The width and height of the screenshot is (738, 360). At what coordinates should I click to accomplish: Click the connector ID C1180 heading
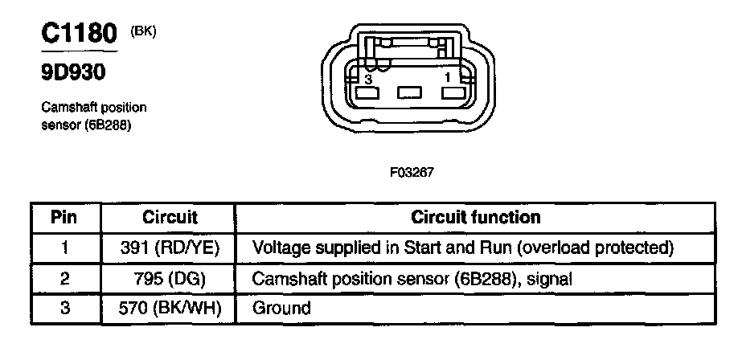point(79,35)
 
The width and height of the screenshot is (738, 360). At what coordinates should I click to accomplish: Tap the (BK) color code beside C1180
point(143,31)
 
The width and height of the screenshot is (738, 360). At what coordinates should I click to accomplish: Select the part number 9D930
point(73,74)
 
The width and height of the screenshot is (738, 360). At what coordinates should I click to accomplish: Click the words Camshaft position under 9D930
point(93,108)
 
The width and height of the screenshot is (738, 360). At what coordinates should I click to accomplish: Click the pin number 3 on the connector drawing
point(367,80)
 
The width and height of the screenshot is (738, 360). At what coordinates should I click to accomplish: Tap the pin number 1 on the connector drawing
point(449,76)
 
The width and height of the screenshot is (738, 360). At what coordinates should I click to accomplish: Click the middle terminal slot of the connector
point(410,94)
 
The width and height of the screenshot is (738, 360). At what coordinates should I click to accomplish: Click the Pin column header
point(64,217)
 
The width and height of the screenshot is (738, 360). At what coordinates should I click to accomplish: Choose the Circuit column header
point(170,217)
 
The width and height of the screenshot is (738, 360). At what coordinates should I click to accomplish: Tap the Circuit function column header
point(476,217)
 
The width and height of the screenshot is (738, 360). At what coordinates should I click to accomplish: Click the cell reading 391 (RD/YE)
point(170,247)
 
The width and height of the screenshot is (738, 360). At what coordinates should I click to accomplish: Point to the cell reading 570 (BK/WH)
point(170,308)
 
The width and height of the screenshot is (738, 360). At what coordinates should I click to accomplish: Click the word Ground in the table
point(281,308)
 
